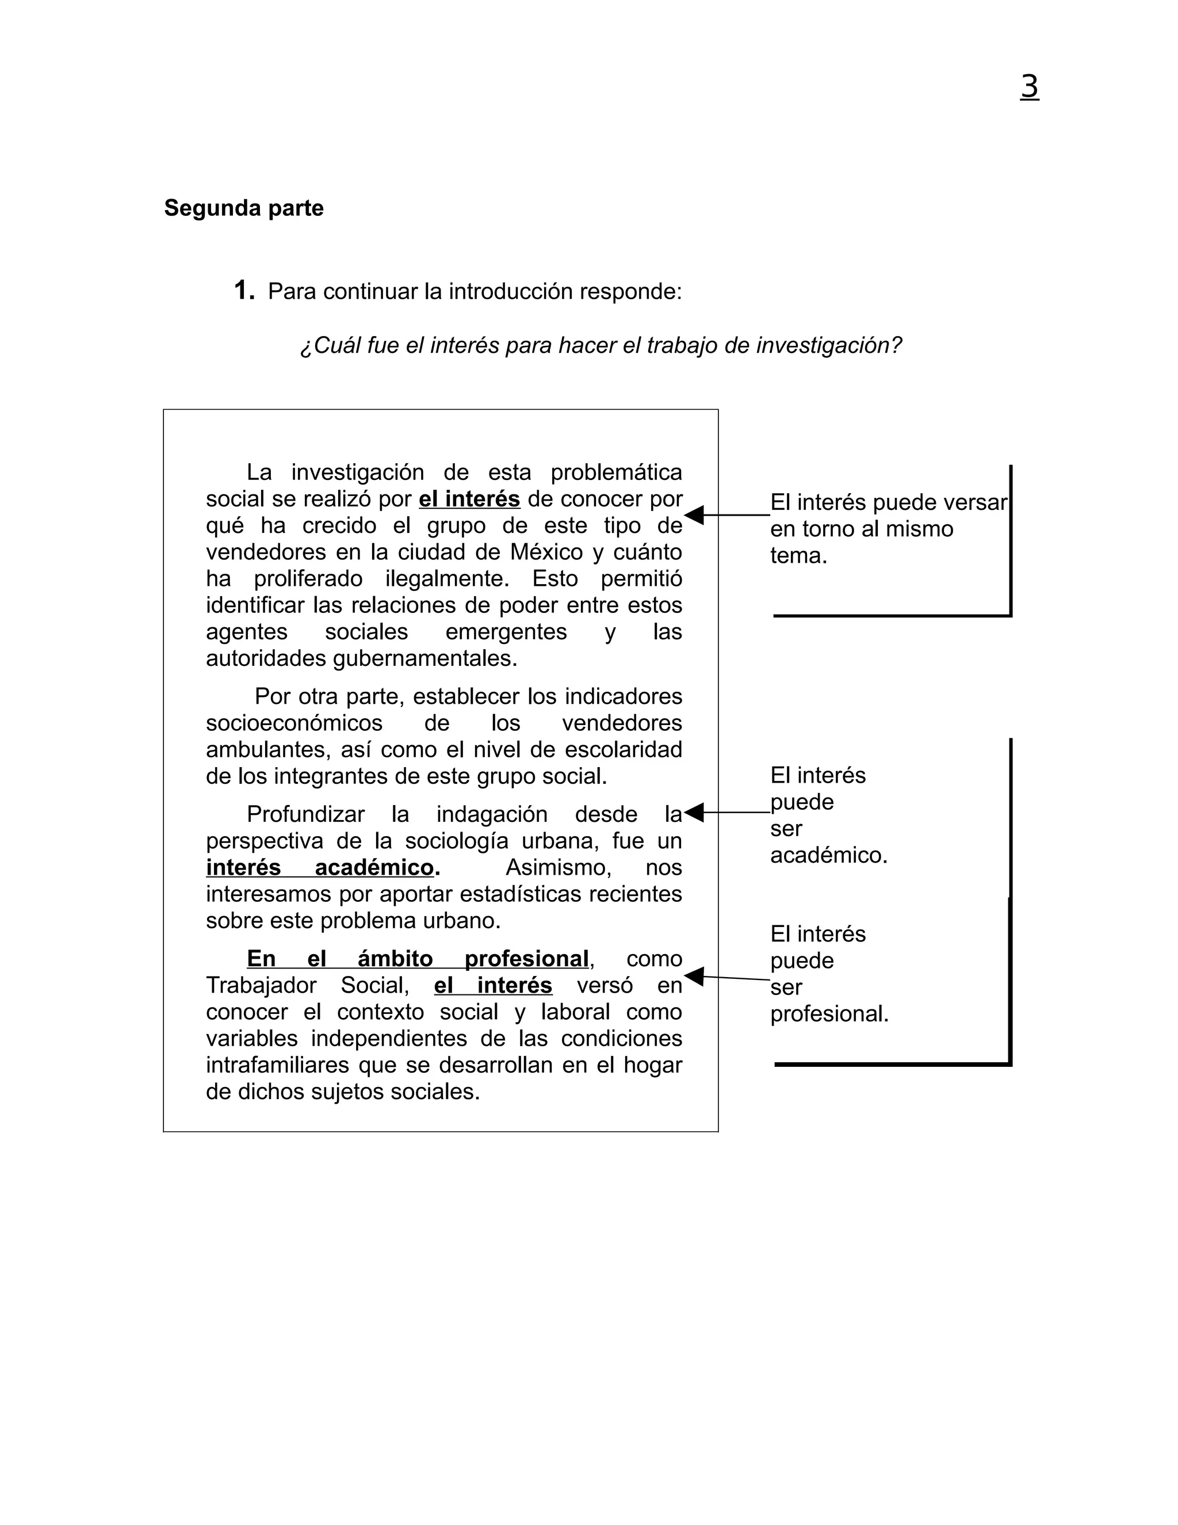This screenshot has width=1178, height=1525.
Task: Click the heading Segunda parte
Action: (243, 208)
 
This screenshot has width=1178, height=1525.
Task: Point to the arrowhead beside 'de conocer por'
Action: (694, 515)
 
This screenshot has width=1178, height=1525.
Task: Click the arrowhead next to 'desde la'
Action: (694, 813)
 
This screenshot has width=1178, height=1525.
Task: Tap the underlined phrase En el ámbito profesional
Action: (418, 959)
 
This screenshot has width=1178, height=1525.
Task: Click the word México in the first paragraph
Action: (546, 552)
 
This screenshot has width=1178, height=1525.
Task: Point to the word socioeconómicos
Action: (294, 723)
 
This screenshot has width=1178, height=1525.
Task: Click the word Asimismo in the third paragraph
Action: (559, 868)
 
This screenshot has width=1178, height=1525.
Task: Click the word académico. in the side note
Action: (828, 855)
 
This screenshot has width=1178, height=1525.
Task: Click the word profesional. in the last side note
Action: (829, 1014)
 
